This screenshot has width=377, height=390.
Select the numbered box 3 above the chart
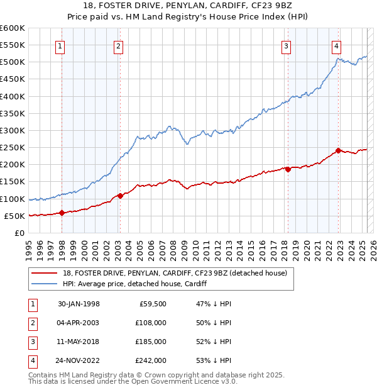pyautogui.click(x=286, y=45)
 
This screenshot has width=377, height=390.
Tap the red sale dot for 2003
pyautogui.click(x=119, y=196)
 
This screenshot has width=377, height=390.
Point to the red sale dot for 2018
pyautogui.click(x=288, y=169)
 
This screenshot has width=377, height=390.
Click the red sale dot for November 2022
pyautogui.click(x=338, y=150)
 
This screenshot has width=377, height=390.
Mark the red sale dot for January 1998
pyautogui.click(x=62, y=213)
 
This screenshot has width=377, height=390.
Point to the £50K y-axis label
pyautogui.click(x=14, y=216)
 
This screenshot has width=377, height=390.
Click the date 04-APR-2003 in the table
pyautogui.click(x=79, y=323)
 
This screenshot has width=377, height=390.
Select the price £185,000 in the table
pyautogui.click(x=151, y=342)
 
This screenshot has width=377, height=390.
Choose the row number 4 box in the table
pyautogui.click(x=32, y=361)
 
